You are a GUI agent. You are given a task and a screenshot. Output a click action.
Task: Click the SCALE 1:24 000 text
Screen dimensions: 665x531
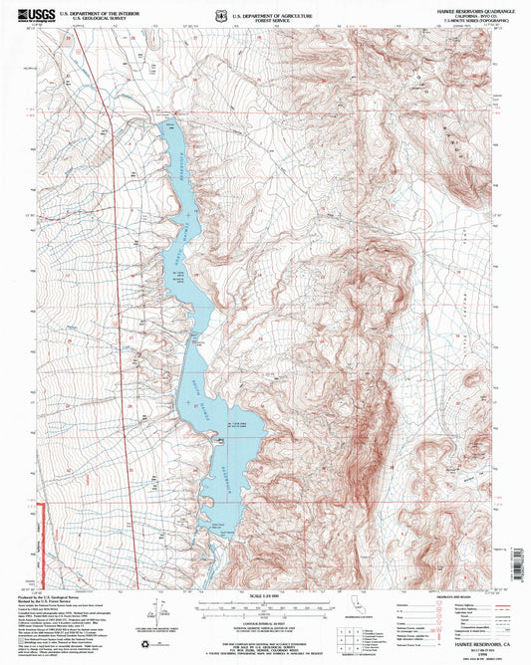pyautogui.click(x=265, y=595)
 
